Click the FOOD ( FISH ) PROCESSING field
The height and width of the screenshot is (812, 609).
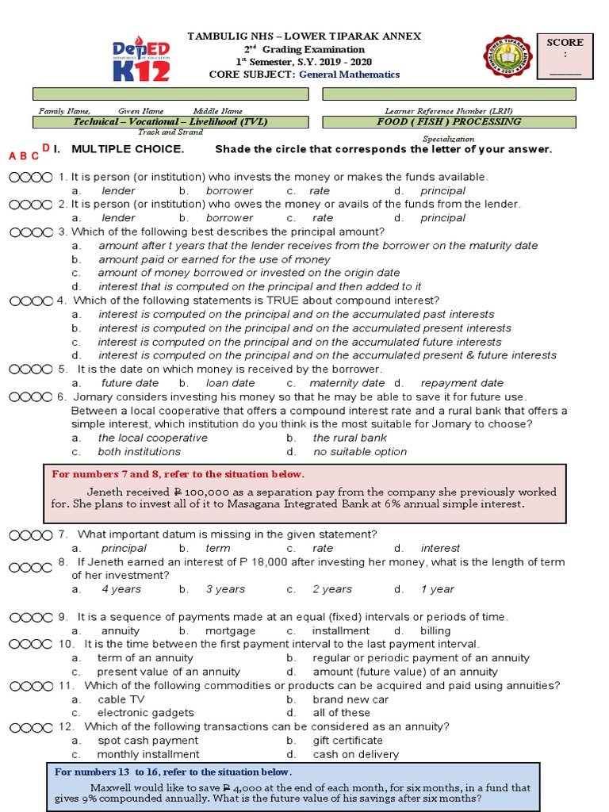point(449,122)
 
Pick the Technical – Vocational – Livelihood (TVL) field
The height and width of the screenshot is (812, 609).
point(170,122)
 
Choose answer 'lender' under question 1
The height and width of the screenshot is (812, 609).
point(119,191)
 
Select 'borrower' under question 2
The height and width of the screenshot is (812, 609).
point(229,218)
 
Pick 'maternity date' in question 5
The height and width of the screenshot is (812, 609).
point(347,383)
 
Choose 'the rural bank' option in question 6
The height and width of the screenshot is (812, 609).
point(350,438)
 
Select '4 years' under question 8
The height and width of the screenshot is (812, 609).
point(121,589)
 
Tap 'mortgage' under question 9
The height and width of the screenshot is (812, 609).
point(231,631)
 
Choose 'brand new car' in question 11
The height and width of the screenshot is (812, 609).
point(350,699)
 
